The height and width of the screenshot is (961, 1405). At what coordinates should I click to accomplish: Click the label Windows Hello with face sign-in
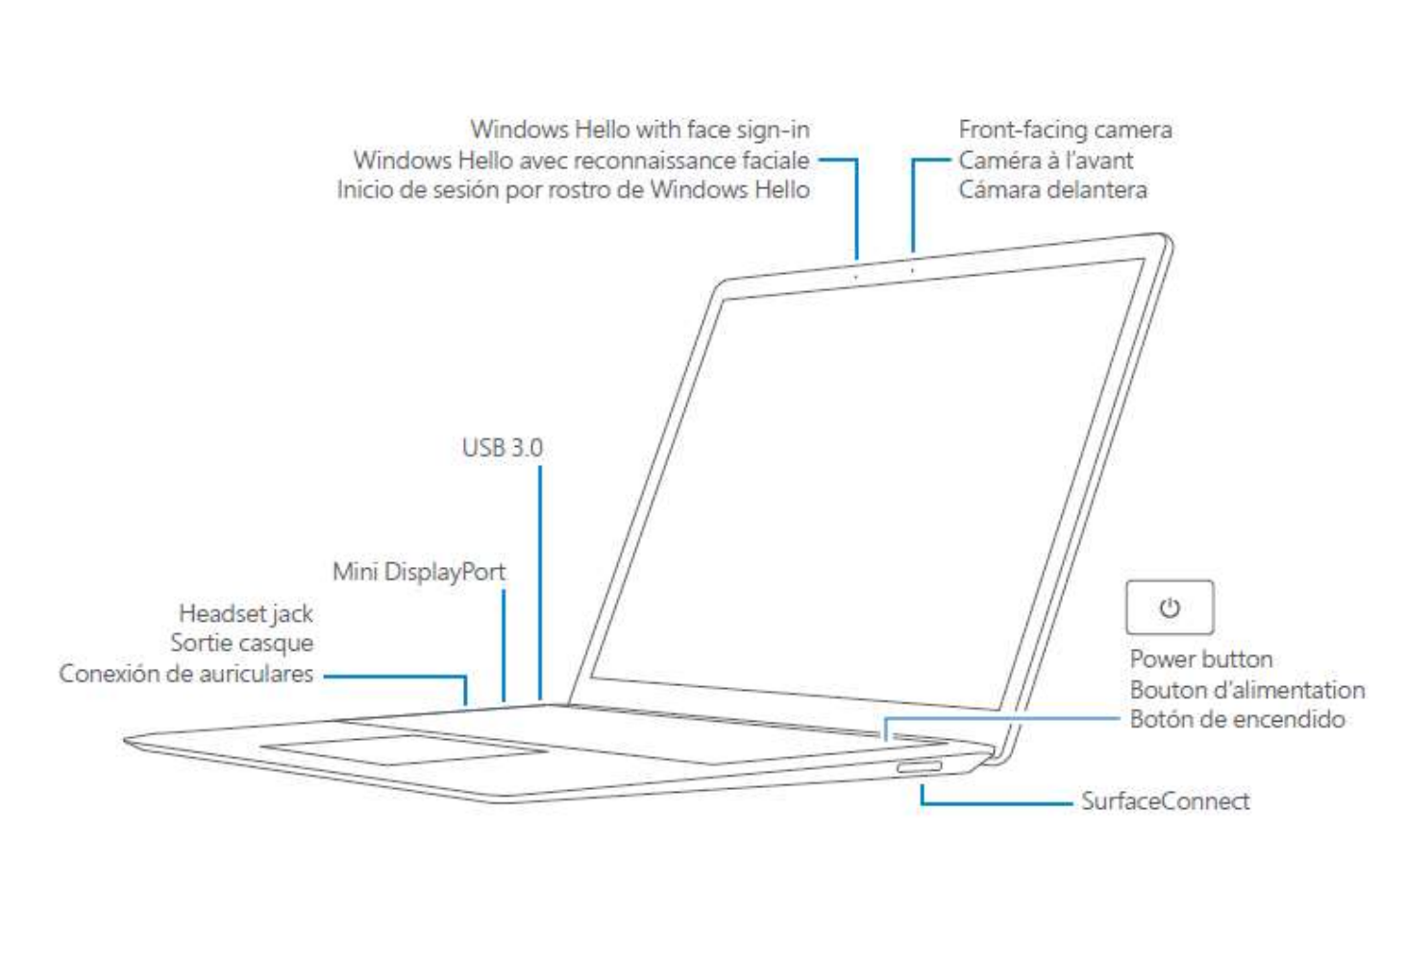(x=639, y=130)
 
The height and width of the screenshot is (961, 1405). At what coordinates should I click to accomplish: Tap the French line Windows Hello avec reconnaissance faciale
(x=580, y=160)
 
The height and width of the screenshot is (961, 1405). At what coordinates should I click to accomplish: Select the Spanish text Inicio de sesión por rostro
(x=573, y=190)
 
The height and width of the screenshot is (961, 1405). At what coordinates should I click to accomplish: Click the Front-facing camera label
(x=1065, y=130)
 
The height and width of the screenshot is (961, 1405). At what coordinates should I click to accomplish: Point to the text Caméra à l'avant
(x=1046, y=160)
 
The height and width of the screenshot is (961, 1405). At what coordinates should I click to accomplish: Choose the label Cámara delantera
(x=1052, y=190)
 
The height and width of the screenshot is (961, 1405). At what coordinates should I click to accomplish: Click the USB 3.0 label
(x=502, y=448)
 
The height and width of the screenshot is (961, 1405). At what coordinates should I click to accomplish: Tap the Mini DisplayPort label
(x=418, y=572)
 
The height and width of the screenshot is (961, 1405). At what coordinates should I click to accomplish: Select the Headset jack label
(x=245, y=613)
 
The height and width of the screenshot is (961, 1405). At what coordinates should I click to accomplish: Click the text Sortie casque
(x=241, y=643)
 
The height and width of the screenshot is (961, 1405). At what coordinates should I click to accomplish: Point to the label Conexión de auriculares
(x=186, y=674)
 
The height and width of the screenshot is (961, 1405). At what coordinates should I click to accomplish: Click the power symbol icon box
(x=1169, y=607)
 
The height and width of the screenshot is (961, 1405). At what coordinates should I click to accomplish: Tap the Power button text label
(x=1200, y=659)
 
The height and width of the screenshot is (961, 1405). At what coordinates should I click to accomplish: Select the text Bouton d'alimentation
(x=1246, y=690)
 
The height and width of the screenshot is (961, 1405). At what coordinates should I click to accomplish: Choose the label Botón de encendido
(x=1237, y=720)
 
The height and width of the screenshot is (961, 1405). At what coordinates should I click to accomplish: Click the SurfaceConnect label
(x=1165, y=801)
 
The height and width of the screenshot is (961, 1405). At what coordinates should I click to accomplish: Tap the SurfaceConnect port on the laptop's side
(x=919, y=767)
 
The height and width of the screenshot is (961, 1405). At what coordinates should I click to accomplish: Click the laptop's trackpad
(x=404, y=749)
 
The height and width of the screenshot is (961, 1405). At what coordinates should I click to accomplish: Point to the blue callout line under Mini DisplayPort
(x=504, y=644)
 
